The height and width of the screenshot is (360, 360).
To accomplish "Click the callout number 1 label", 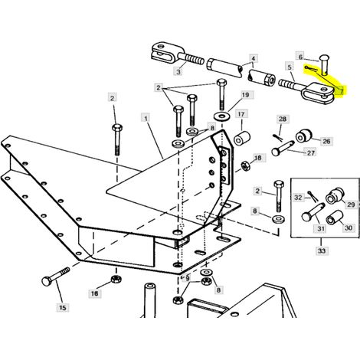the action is pos(146,119).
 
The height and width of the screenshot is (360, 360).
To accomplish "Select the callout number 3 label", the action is pos(178,71).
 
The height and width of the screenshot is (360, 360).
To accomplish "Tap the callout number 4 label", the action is pos(253,59).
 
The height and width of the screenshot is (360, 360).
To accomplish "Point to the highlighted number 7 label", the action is pos(342,90).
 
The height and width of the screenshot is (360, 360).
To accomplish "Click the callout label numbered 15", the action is pos(63,308).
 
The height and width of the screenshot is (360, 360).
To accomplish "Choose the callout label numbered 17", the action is pos(241,114).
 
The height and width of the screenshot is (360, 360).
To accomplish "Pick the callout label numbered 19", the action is pos(245,95).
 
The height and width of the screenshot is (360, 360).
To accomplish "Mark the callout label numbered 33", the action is pos(322,250).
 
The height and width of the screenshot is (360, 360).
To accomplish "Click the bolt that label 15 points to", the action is pos(55,276).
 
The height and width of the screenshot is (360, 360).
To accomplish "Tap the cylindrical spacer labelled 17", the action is pos(242,138).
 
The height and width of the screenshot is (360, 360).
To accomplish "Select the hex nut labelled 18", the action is pos(246,165).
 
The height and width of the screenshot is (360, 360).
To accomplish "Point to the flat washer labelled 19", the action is pos(221,116).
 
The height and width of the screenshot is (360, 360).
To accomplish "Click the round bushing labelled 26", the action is pos(304,136).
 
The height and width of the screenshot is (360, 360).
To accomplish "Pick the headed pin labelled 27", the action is pos(283,148).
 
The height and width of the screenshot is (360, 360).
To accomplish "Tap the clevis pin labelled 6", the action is pos(324,65).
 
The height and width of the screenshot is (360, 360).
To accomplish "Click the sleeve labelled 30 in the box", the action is pos(335,217).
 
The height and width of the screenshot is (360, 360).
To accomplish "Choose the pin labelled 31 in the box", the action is pos(313,212).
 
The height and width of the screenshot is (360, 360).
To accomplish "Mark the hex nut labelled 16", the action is pos(116,279).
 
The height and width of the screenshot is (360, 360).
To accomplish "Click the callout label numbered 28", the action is pos(283,119).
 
